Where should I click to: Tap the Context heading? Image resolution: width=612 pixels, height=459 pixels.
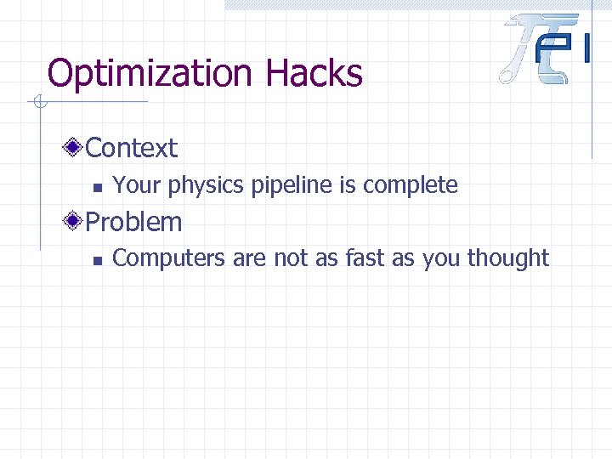click(x=132, y=148)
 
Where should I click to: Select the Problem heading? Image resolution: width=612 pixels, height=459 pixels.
click(x=134, y=222)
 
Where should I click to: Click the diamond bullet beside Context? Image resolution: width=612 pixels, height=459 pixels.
click(x=75, y=148)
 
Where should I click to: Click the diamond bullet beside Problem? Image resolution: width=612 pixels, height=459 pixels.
click(x=75, y=222)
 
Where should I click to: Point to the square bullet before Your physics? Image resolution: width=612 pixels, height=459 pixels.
click(x=97, y=186)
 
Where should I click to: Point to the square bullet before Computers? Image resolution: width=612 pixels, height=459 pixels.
click(x=97, y=260)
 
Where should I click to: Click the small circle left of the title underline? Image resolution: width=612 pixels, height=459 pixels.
click(x=38, y=104)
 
